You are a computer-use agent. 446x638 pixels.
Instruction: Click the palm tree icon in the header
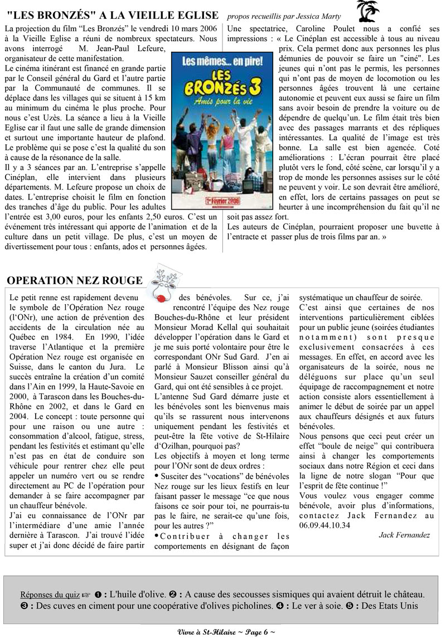[368, 11]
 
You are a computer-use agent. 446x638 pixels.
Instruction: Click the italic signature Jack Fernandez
[404, 535]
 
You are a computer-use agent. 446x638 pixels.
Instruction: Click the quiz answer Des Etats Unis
[387, 606]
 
